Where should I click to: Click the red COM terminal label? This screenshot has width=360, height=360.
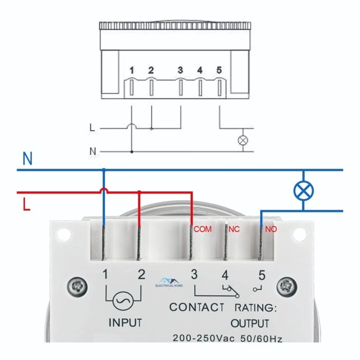203,229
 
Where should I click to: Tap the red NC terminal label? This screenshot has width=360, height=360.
235,229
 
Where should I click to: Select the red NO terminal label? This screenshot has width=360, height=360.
271,229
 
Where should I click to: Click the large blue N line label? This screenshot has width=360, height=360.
28,159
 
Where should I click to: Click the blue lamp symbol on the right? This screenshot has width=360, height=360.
303,191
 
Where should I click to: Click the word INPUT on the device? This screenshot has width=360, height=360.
125,323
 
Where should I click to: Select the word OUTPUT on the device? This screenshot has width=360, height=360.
249,323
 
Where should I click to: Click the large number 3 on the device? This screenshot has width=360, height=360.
194,274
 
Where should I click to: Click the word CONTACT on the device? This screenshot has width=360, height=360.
196,308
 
